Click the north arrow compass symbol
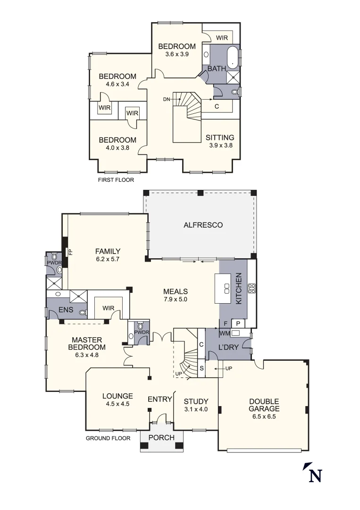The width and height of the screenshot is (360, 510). point(312,473)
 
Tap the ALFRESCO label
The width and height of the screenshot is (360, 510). point(203,225)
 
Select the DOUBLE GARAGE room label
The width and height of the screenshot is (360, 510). point(264,405)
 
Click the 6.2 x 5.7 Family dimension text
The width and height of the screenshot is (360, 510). point(108,260)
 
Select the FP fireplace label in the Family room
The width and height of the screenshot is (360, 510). point(70,251)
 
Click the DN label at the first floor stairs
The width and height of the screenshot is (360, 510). point(166,99)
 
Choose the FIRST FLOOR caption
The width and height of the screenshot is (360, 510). point(116,180)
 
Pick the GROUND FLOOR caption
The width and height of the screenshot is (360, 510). point(108,438)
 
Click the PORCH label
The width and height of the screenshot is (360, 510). point(161,438)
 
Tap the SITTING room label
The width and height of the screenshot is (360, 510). point(220,137)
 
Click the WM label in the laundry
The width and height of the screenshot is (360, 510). point(224,333)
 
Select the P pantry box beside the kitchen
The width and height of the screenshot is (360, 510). point(238,323)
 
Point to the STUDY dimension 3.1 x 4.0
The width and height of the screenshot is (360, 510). point(196,409)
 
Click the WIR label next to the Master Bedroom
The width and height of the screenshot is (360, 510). point(109,308)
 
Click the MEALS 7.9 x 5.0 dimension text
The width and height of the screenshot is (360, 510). point(176,299)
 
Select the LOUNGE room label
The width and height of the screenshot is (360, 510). point(117,396)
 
